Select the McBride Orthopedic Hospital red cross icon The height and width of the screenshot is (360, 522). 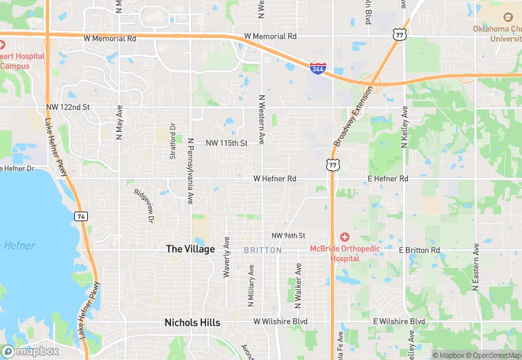coord(344,236)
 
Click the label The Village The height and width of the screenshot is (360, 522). coord(190,249)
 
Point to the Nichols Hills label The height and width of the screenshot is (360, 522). coord(192,322)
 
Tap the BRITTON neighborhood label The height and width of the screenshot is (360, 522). coord(262,251)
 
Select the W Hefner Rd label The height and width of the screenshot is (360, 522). coord(275,179)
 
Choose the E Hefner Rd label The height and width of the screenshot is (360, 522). coord(387,179)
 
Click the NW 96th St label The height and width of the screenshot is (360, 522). coord(288,236)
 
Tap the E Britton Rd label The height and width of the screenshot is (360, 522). coord(420,250)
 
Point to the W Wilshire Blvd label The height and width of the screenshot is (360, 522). coord(280,321)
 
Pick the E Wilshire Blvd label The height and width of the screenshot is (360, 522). coord(399,321)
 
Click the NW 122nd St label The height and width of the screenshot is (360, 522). coord(68,107)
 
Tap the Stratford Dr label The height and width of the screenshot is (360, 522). coord(173,142)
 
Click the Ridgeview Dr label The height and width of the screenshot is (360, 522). coord(143,205)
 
